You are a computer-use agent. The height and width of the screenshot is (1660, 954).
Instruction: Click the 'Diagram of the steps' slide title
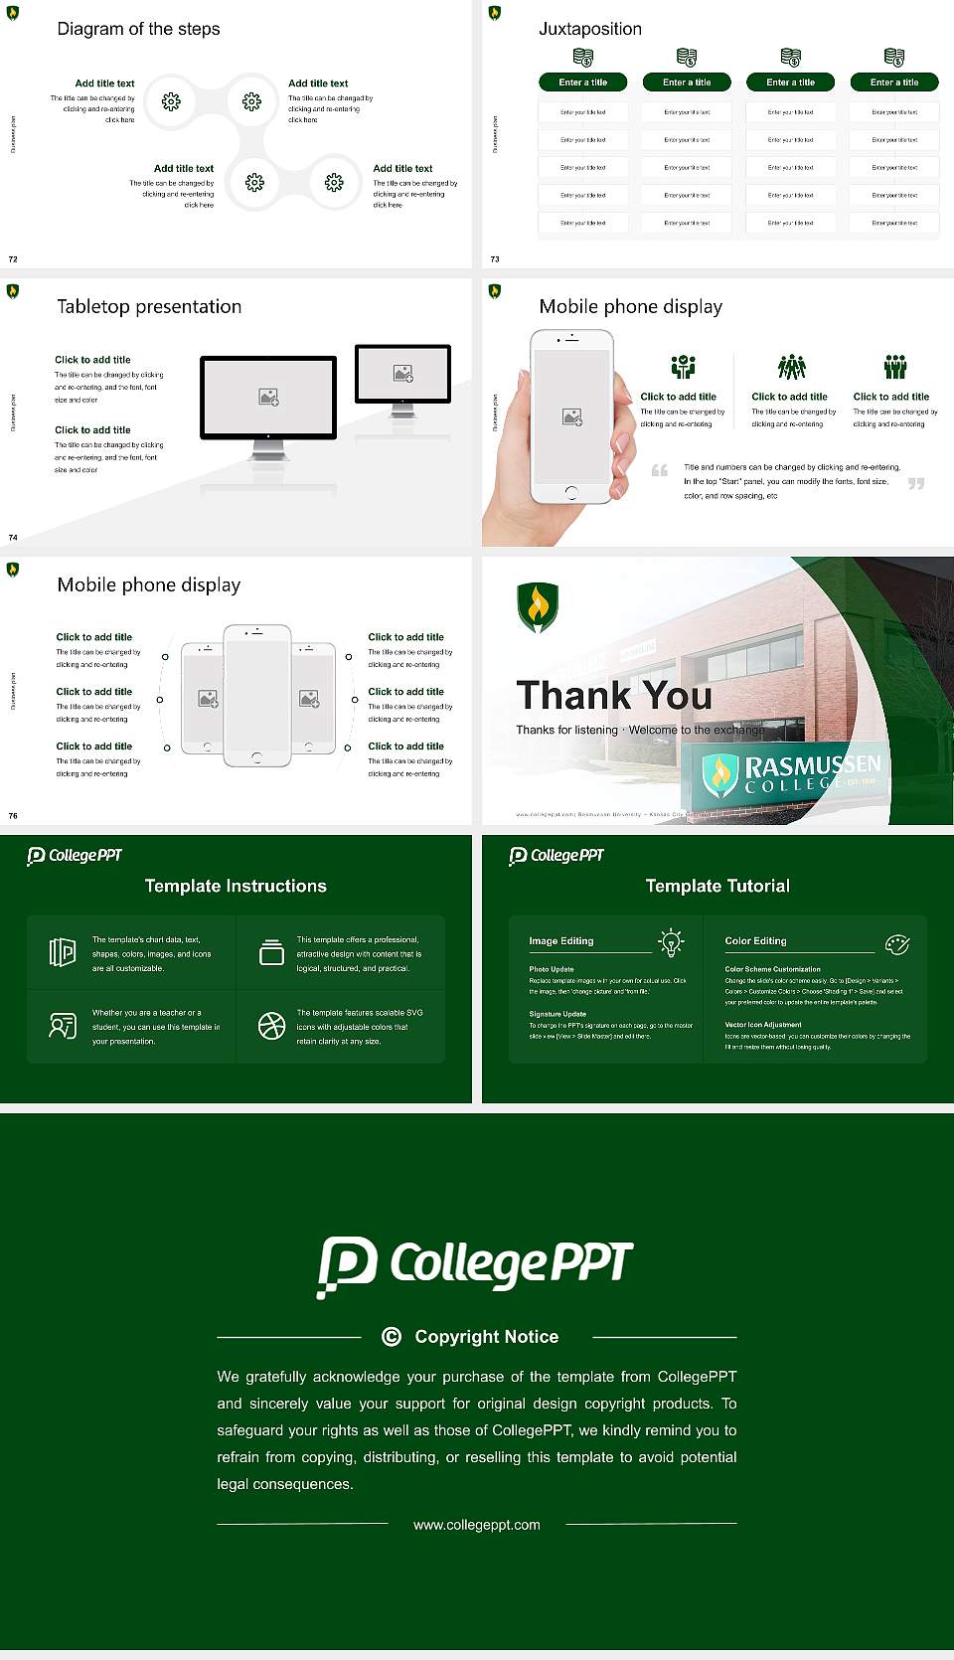click(x=138, y=29)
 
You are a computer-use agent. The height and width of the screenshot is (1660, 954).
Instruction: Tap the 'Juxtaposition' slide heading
click(x=589, y=29)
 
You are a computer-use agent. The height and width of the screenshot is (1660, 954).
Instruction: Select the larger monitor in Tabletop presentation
click(x=268, y=398)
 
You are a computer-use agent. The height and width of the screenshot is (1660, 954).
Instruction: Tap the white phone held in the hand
click(x=570, y=415)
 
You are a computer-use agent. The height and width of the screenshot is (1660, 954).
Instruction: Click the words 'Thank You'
click(x=614, y=696)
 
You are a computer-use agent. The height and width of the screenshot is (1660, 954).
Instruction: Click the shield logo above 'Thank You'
click(x=538, y=606)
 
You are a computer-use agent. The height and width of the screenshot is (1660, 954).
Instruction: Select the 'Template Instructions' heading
click(x=236, y=886)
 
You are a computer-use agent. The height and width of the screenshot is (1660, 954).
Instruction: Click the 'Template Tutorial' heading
click(x=717, y=886)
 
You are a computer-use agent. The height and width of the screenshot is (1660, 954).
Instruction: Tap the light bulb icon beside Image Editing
click(x=671, y=942)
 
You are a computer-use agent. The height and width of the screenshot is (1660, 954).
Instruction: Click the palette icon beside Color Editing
click(x=896, y=944)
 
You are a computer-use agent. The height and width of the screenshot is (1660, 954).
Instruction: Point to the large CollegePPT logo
click(x=475, y=1265)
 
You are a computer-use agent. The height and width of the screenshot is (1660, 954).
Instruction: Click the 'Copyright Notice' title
click(x=486, y=1337)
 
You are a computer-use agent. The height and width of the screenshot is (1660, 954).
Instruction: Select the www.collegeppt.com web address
click(x=477, y=1525)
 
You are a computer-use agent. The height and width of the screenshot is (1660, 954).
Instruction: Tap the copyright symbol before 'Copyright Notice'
click(x=392, y=1337)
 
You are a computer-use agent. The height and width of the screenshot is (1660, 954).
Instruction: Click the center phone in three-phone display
click(x=256, y=695)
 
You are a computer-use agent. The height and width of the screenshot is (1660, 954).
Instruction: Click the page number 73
click(x=495, y=259)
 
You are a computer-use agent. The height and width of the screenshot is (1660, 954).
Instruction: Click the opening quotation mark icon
click(x=660, y=470)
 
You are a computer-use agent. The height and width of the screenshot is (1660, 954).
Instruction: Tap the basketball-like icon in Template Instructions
click(x=271, y=1026)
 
